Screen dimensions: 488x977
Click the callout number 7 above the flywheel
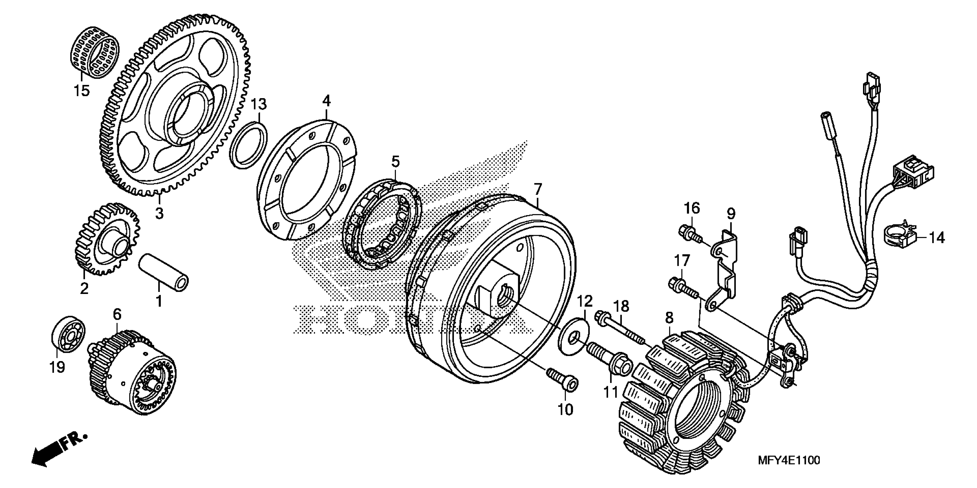click(x=537, y=189)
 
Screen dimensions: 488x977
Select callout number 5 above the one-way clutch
click(x=396, y=162)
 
